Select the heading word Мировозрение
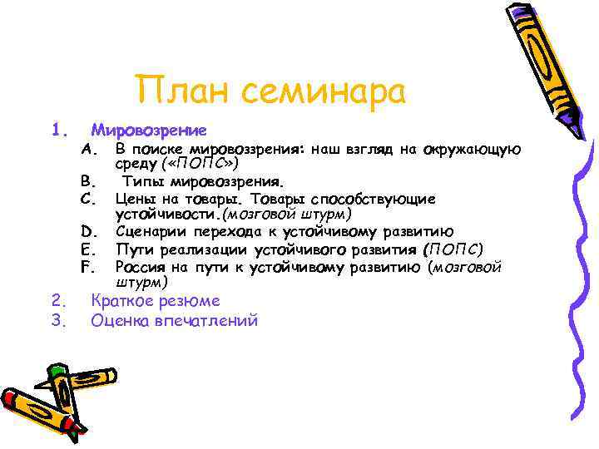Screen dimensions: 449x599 pyautogui.click(x=149, y=131)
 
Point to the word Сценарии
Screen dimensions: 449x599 pyautogui.click(x=151, y=232)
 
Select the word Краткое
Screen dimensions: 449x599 pyautogui.click(x=126, y=301)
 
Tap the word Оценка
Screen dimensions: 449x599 pyautogui.click(x=119, y=320)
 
